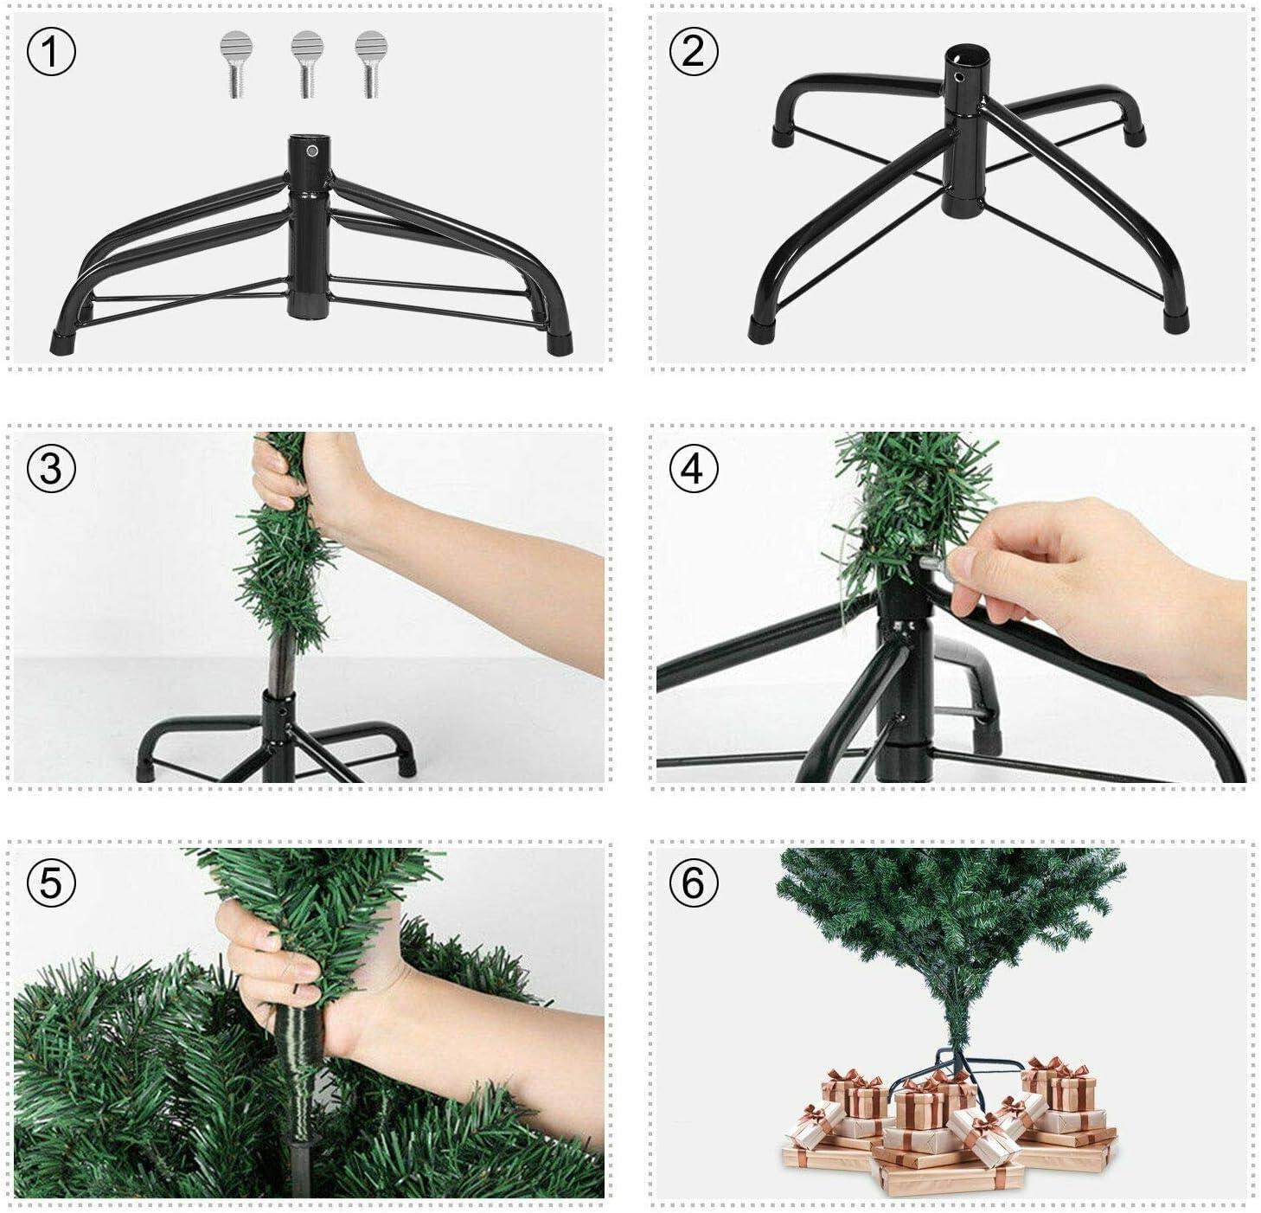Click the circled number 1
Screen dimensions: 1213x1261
pos(52,53)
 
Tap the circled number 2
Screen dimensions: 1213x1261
pos(693,53)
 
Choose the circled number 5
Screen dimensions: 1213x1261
pos(52,883)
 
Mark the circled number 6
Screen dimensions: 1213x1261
pos(693,883)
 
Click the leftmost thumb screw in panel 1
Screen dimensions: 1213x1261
pos(234,64)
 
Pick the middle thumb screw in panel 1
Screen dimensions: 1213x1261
pos(305,64)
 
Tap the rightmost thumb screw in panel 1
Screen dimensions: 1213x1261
pos(369,64)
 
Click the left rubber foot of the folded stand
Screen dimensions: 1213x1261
pos(65,341)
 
